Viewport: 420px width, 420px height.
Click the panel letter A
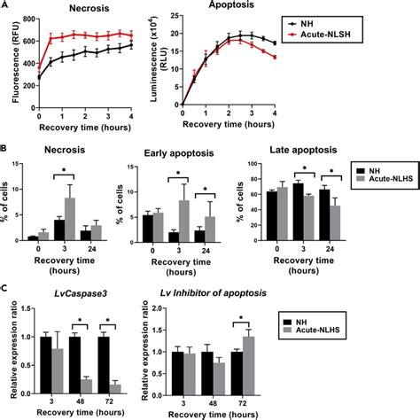tap(6, 5)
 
